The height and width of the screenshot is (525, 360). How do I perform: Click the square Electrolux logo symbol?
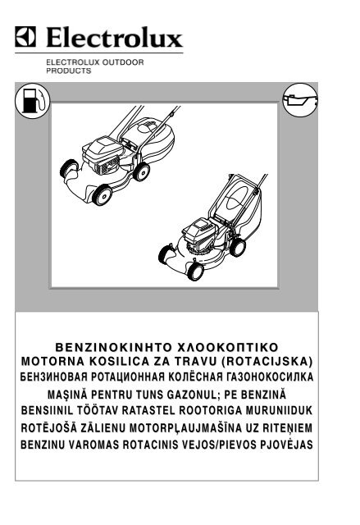point(25,36)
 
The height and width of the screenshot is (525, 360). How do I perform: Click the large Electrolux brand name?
point(115,37)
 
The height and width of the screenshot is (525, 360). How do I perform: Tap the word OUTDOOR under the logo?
point(123,62)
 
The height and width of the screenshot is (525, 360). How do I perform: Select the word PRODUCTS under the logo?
point(69,71)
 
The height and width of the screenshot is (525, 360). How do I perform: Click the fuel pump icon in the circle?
point(33,100)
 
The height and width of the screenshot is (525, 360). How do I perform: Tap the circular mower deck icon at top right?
point(300,100)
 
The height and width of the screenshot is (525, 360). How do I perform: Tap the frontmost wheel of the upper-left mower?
point(102,194)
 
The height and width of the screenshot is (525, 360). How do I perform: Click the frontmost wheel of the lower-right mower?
point(195,272)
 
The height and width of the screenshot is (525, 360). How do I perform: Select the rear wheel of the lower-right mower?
point(238,247)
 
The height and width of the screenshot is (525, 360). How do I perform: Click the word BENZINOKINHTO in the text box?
point(114,347)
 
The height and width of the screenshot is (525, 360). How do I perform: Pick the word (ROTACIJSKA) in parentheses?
point(267,362)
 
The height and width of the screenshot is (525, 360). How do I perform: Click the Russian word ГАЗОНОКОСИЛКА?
point(270,377)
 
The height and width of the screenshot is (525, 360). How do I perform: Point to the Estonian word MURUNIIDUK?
point(279,410)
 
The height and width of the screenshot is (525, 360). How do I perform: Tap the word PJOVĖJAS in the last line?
point(287,445)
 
